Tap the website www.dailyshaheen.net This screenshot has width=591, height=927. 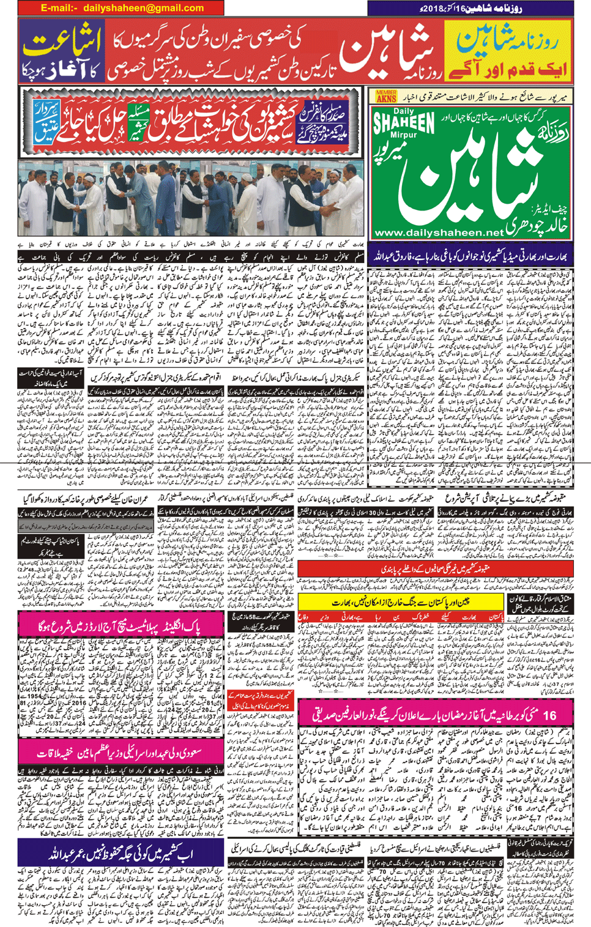438,233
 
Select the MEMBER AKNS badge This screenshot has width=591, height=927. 386,96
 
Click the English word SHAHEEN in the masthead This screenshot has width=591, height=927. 404,123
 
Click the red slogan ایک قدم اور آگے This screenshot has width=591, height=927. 508,69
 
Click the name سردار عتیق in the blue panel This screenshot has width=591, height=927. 46,121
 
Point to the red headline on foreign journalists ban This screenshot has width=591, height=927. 434,569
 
